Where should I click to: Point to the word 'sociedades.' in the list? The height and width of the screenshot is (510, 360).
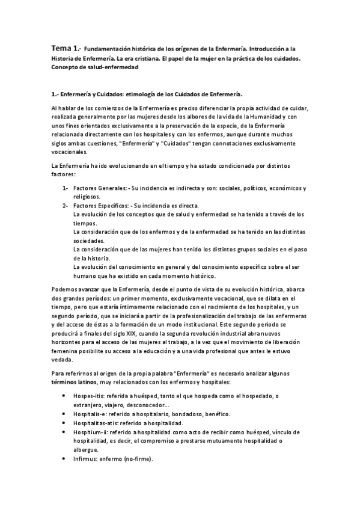pos(88,241)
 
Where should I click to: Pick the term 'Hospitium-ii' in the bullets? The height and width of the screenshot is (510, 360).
pos(90,432)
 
